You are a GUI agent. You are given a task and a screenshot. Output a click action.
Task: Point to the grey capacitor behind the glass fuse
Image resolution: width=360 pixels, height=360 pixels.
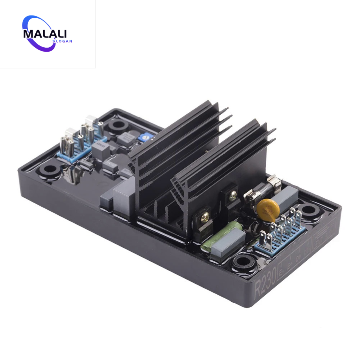[285, 197]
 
